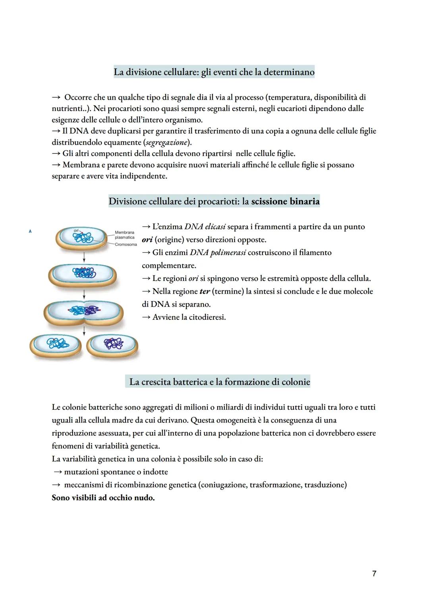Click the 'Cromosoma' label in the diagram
pos(126,244)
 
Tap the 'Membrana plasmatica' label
pos(124,235)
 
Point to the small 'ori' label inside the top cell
pos(76,230)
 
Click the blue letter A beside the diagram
pos(30,231)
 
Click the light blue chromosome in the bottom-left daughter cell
pos(56,344)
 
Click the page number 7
pos(374,573)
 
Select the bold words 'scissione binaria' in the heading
pos(285,202)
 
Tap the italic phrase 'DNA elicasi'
pos(205,227)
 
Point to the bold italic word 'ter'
pos(204,292)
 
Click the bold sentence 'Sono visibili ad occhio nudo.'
pos(103,497)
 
